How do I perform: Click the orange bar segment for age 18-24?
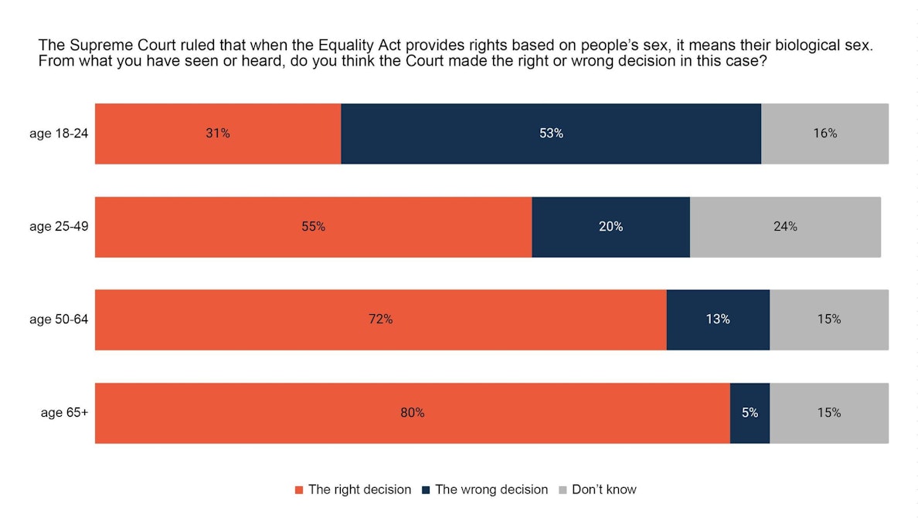(x=218, y=134)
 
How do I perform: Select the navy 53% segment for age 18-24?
(x=551, y=134)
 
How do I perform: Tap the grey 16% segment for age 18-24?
(x=824, y=134)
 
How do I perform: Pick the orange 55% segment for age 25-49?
(x=313, y=227)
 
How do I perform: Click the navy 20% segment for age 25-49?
(x=610, y=227)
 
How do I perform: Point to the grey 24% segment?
(x=785, y=227)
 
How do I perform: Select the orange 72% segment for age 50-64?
(x=380, y=319)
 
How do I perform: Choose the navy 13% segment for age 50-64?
(x=718, y=319)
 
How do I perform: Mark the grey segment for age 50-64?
(x=828, y=319)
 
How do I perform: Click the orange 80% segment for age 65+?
(x=412, y=413)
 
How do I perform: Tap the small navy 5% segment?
(x=750, y=413)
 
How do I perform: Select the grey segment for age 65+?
(x=828, y=413)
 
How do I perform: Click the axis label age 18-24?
(x=59, y=134)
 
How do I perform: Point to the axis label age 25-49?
(x=59, y=227)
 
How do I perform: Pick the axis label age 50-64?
(x=59, y=319)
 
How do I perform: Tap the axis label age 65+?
(x=64, y=413)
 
